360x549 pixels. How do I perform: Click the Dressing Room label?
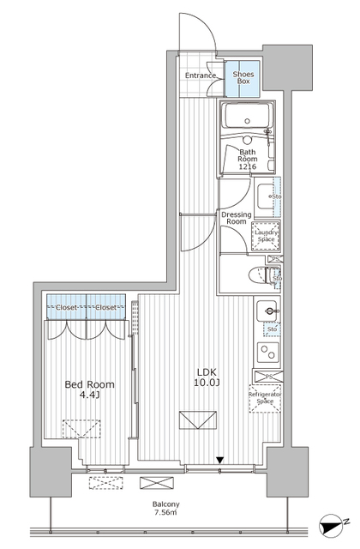[x=236, y=219]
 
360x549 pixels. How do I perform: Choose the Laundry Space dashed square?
[x=265, y=236]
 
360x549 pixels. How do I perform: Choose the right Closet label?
[x=106, y=305]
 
